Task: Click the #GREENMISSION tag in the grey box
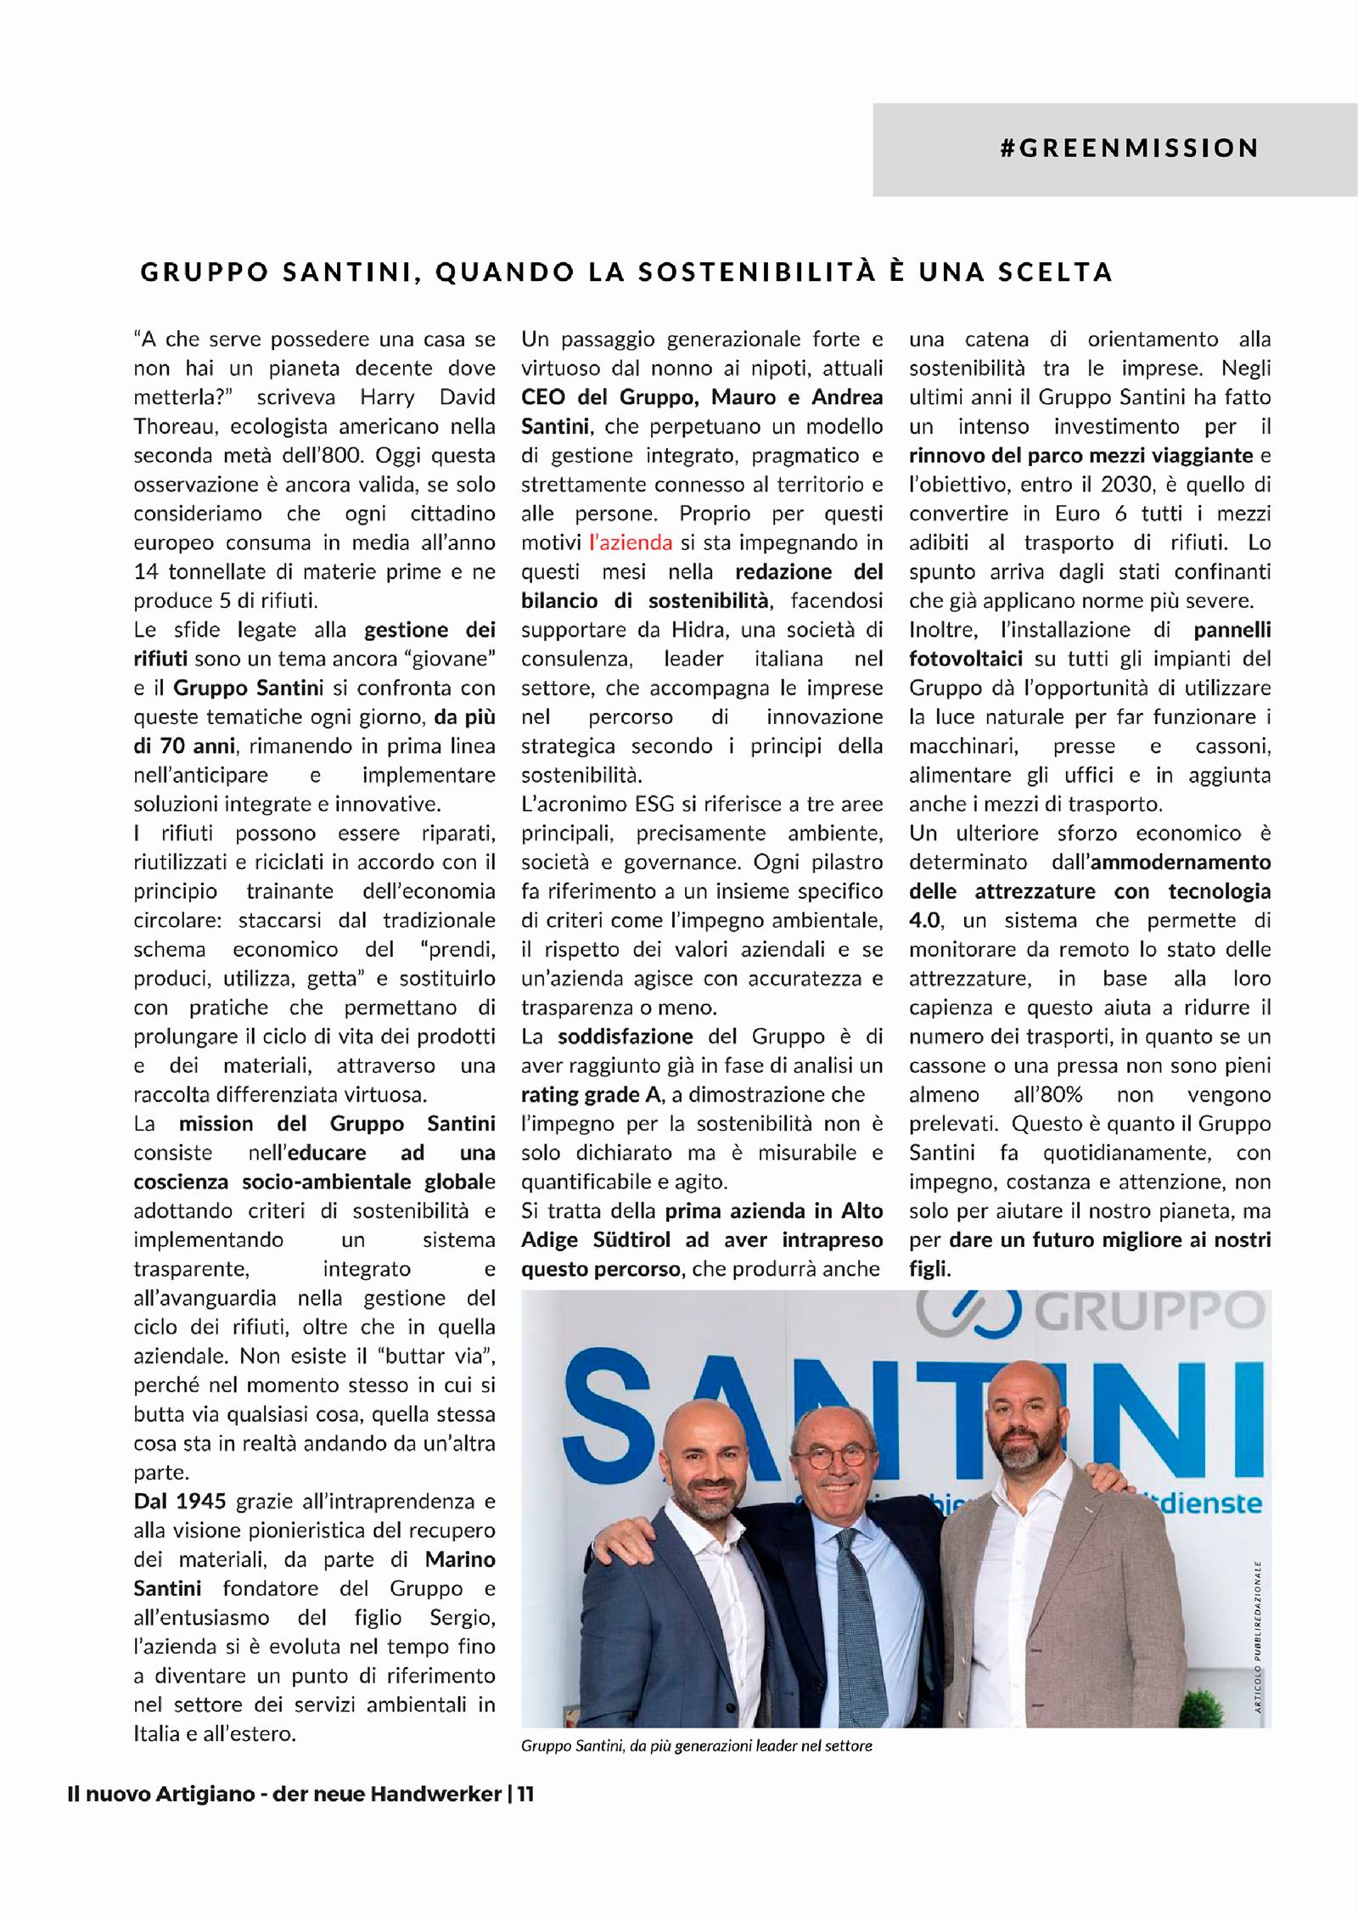click(x=1129, y=149)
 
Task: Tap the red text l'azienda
click(x=630, y=542)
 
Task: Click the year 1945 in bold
click(x=201, y=1501)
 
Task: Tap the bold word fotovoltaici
click(x=965, y=659)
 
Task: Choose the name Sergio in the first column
click(x=462, y=1617)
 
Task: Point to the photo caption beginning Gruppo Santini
click(x=696, y=1745)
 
